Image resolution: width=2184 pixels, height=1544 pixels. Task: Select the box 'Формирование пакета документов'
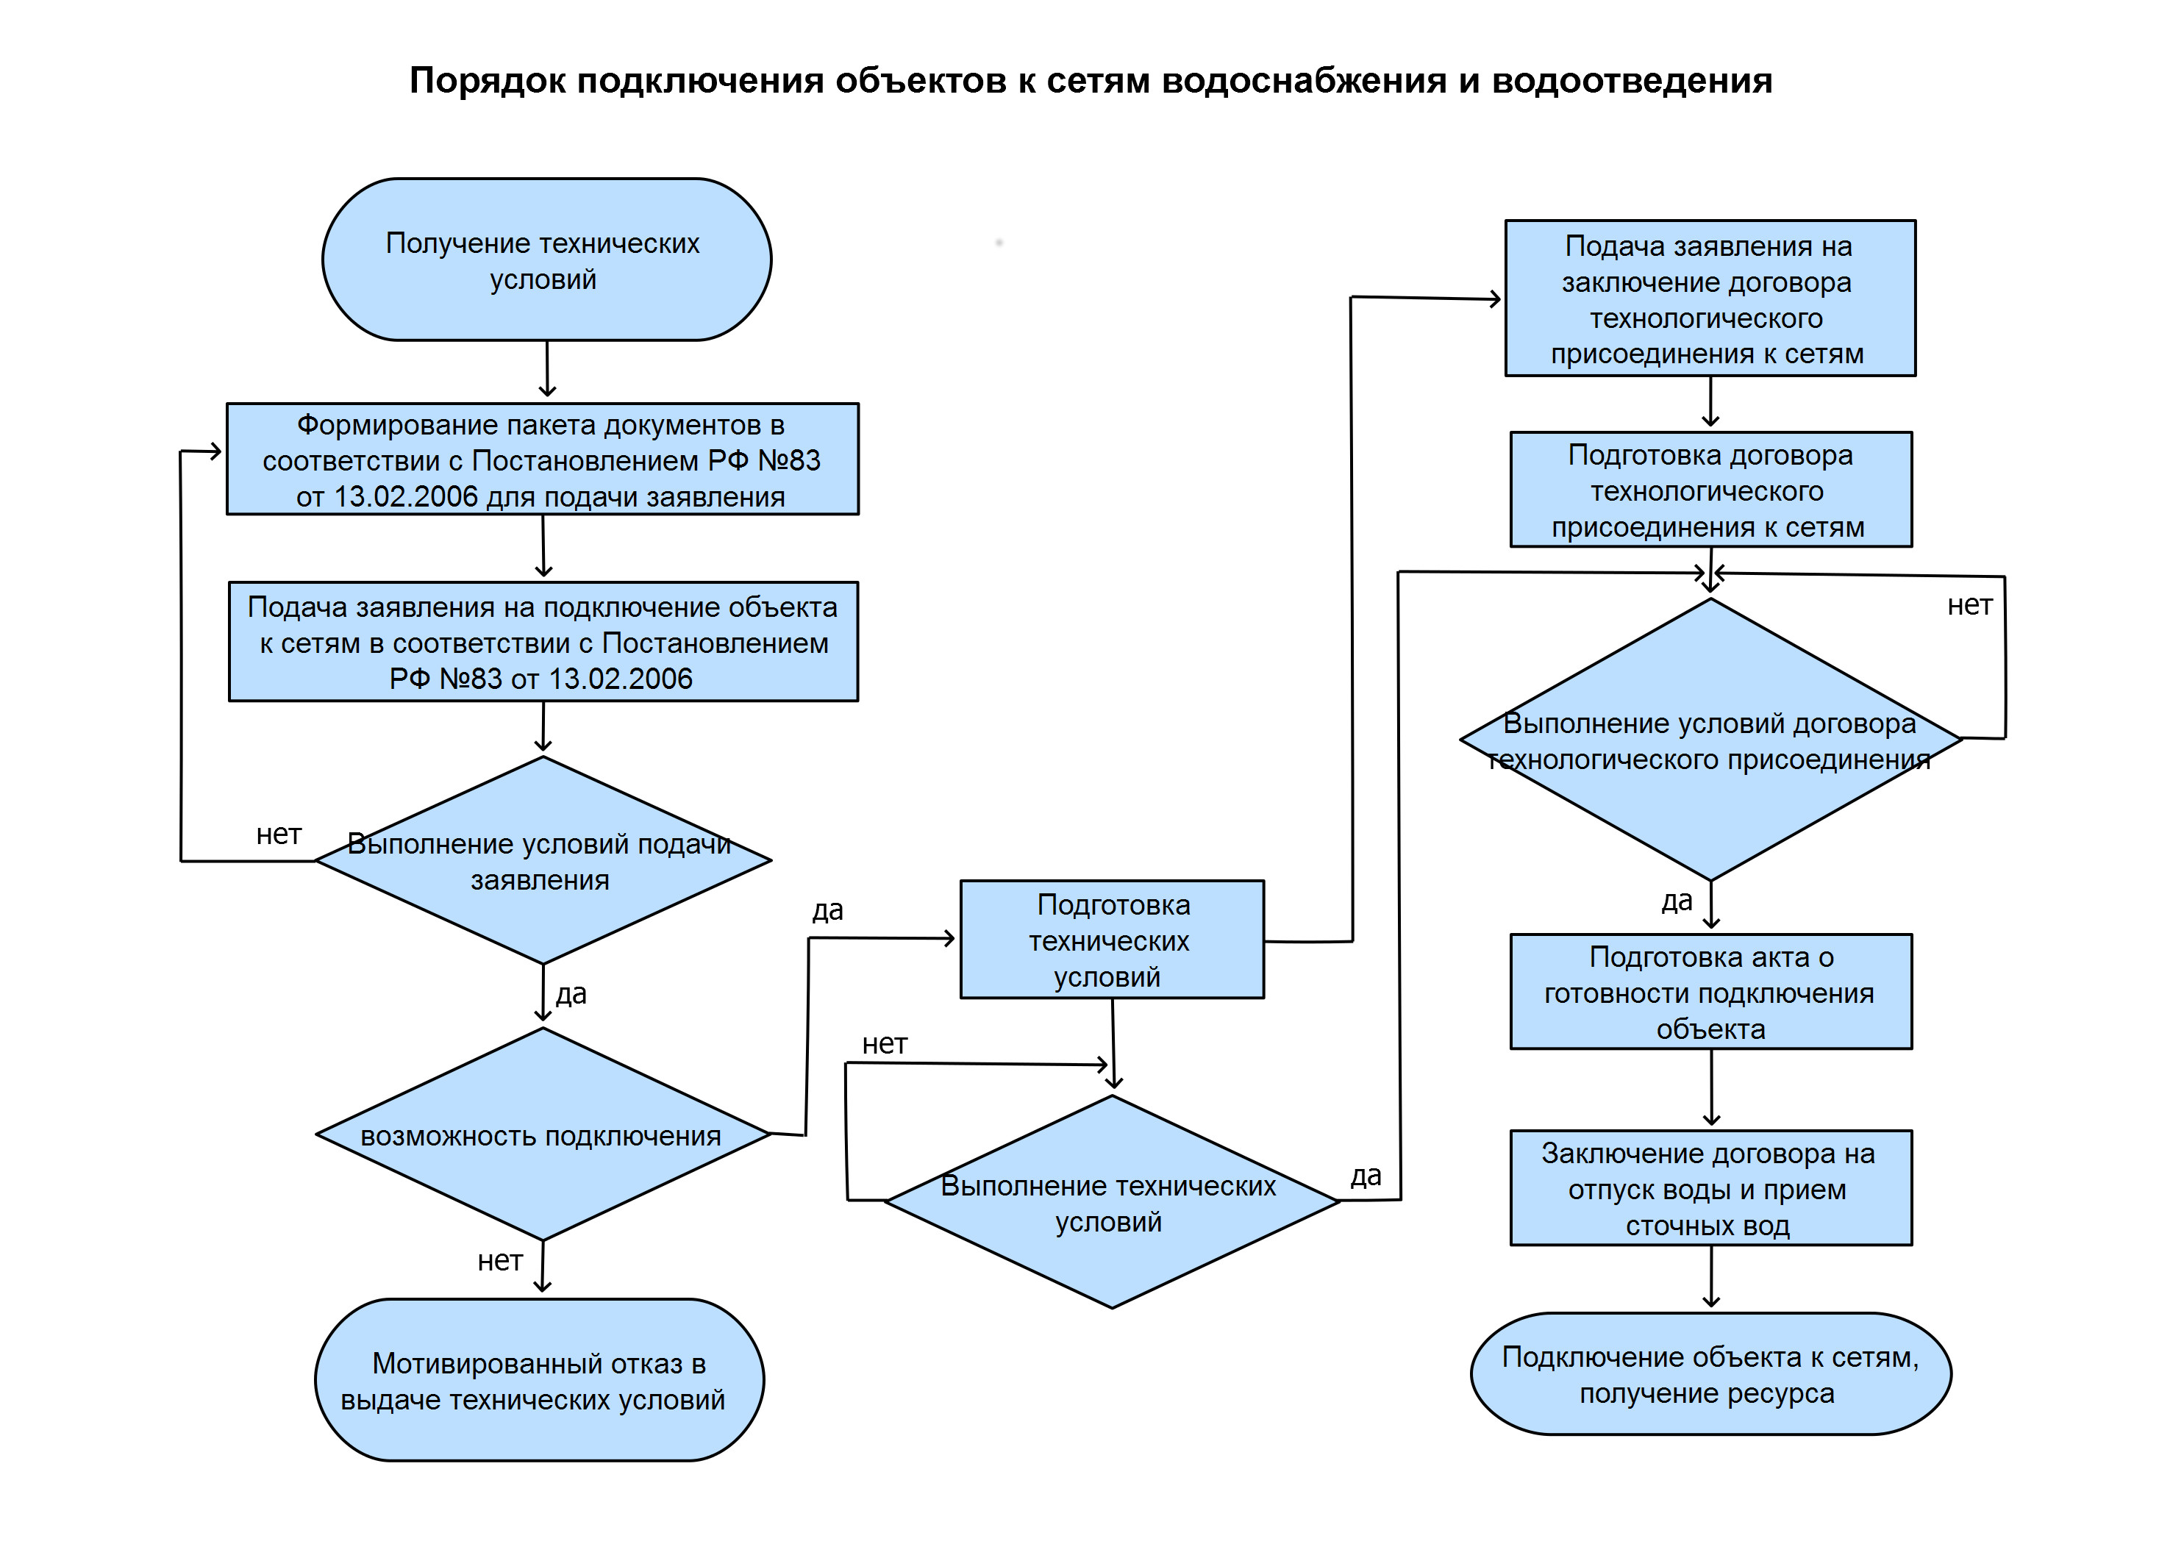pyautogui.click(x=542, y=460)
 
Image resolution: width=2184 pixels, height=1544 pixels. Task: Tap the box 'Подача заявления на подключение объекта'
pyautogui.click(x=543, y=642)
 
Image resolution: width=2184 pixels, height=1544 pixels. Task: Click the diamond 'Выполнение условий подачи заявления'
pyautogui.click(x=542, y=861)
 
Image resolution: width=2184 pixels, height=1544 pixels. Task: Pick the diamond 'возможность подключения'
pyautogui.click(x=542, y=1135)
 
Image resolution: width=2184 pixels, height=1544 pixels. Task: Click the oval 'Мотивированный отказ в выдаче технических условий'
pyautogui.click(x=538, y=1380)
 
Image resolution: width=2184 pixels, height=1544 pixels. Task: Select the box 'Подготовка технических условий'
pyautogui.click(x=1111, y=940)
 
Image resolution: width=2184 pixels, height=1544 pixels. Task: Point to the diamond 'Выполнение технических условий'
pyautogui.click(x=1111, y=1202)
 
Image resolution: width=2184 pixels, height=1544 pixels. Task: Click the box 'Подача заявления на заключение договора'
pyautogui.click(x=1710, y=299)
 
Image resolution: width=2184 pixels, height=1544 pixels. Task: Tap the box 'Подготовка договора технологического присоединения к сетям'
pyautogui.click(x=1710, y=490)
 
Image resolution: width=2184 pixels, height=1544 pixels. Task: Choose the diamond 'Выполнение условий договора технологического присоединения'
pyautogui.click(x=1710, y=740)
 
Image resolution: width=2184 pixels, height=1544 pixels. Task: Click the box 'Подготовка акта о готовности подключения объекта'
pyautogui.click(x=1710, y=993)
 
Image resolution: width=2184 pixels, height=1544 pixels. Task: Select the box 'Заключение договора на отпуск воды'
pyautogui.click(x=1710, y=1188)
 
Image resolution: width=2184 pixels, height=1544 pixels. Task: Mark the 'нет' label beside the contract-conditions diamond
pyautogui.click(x=1969, y=606)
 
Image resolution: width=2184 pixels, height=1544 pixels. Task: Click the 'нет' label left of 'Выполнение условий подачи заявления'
pyautogui.click(x=279, y=834)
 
